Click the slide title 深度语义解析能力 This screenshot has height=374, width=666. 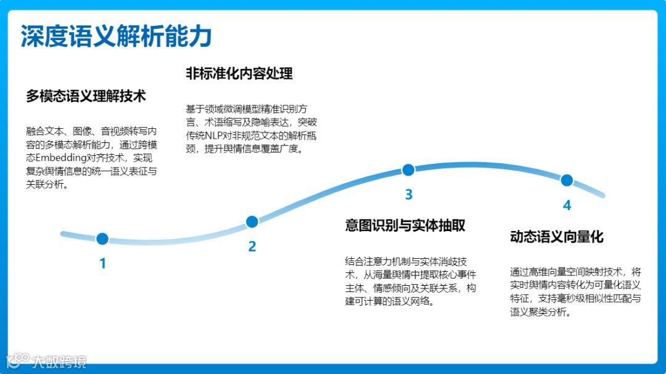coord(116,36)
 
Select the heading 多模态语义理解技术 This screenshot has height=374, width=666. coord(86,96)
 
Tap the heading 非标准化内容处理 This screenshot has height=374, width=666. coord(239,73)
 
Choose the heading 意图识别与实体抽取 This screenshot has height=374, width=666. coord(405,226)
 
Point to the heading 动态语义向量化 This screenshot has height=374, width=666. coord(556,237)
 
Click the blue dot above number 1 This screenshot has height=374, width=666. coord(102,238)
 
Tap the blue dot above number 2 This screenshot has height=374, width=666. coord(252,222)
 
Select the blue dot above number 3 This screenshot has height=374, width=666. coord(408,170)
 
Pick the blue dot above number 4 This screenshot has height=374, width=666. coord(567,181)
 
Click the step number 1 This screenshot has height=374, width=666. coord(103,264)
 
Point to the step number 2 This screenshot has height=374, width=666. coord(252,247)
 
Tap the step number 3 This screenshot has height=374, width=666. coord(408,195)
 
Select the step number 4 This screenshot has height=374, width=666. coord(567,206)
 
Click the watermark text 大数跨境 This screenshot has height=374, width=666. coord(59,362)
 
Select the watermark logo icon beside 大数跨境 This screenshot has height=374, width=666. coord(17,360)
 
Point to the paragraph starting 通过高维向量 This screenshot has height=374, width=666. coord(575,291)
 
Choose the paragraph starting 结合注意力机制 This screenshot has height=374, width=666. coord(410,282)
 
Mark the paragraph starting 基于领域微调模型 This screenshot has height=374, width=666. coord(251,129)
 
